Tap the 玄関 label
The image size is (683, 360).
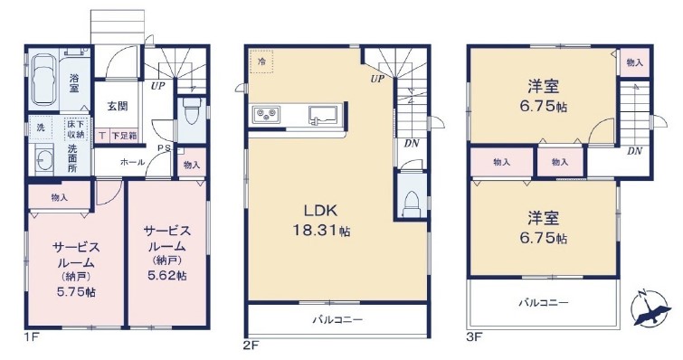[118, 106]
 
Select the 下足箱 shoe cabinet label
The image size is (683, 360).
[123, 136]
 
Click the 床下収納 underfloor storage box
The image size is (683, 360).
[77, 128]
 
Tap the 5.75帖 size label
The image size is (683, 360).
[76, 291]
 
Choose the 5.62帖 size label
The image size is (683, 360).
[167, 275]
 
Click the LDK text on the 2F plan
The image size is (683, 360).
[320, 211]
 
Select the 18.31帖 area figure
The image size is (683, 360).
[321, 231]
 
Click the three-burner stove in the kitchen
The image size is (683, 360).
[265, 113]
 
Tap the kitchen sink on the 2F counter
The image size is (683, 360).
[323, 115]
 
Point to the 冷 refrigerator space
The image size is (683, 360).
[261, 62]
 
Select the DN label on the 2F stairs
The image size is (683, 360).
[412, 143]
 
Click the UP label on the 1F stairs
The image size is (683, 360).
[157, 86]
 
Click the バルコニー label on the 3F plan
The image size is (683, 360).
[543, 302]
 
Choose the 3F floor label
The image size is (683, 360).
[474, 336]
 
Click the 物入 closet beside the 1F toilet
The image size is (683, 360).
[192, 165]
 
